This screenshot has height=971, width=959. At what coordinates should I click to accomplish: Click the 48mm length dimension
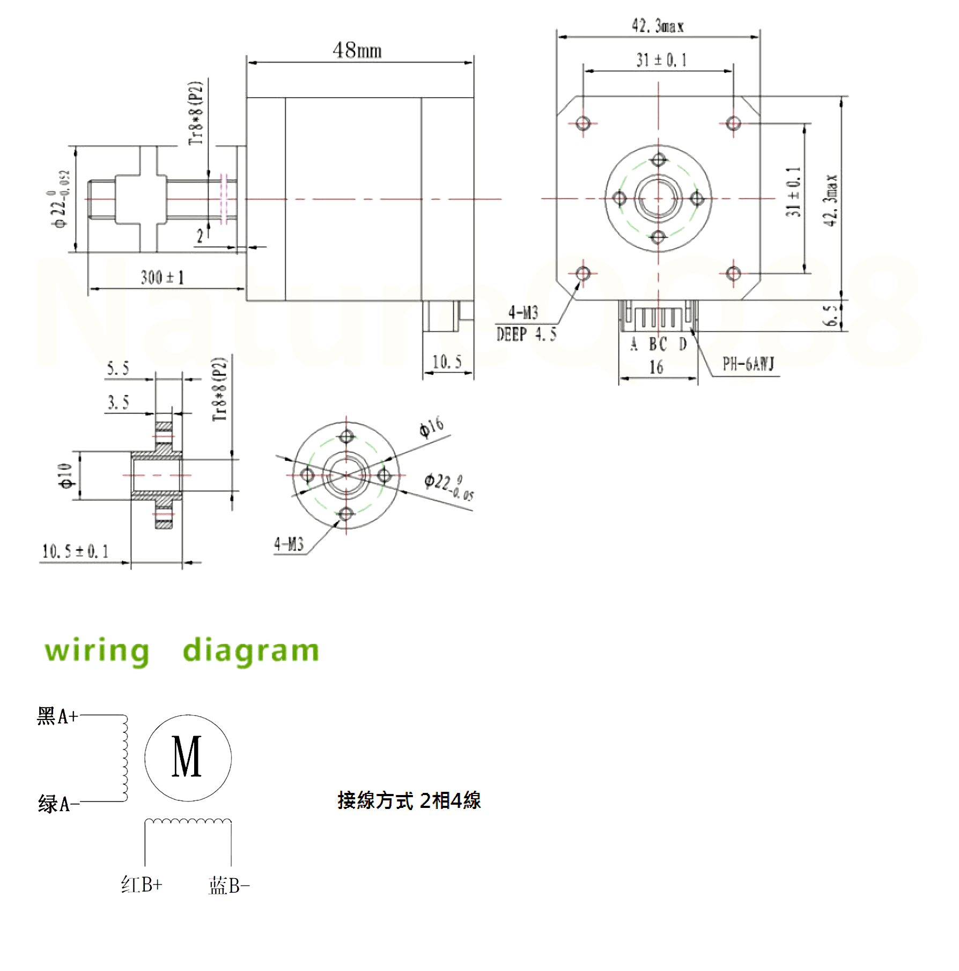(357, 50)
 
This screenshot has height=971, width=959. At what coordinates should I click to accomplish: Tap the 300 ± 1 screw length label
(162, 277)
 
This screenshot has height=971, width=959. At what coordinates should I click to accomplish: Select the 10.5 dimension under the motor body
(447, 362)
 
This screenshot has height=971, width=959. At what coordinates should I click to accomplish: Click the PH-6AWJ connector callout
(748, 365)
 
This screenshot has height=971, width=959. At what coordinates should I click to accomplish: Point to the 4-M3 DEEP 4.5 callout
(526, 324)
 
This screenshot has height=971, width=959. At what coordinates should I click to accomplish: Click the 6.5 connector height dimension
(831, 315)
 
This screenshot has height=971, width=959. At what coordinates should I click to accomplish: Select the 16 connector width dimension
(656, 367)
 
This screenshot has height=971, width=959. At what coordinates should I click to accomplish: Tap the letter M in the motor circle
(187, 757)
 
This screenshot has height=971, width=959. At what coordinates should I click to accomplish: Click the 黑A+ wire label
(57, 716)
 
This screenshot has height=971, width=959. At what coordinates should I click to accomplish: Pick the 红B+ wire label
(142, 885)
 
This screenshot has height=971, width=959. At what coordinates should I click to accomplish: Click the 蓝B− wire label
(229, 886)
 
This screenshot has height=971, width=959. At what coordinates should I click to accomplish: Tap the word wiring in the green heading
(97, 651)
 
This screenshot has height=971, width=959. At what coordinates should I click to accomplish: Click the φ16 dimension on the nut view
(431, 427)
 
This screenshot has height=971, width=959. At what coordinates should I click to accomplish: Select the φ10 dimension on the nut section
(65, 476)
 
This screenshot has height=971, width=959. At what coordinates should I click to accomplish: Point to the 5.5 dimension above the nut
(118, 369)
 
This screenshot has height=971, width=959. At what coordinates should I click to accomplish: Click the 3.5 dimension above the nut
(119, 402)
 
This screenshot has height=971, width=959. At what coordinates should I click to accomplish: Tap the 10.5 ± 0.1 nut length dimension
(75, 551)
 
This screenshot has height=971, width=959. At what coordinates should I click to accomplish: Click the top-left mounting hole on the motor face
(583, 123)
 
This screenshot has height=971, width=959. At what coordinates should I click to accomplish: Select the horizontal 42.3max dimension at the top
(658, 26)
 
